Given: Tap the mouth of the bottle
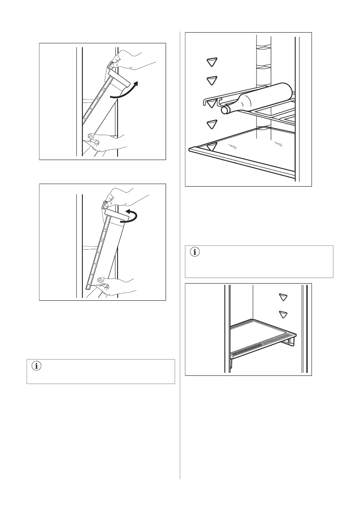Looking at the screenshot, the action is point(224,110).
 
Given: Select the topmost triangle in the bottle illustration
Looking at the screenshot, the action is point(211,62).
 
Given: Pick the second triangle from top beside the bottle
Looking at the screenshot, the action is point(211,80).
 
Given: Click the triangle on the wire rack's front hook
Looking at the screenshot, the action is point(211,103).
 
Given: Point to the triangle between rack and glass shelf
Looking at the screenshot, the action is point(211,124).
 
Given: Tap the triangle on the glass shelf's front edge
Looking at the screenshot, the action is point(211,147).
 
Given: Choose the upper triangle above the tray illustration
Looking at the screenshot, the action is point(282,297).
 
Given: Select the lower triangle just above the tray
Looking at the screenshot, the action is point(282,314).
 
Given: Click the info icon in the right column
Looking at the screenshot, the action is point(195,252).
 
